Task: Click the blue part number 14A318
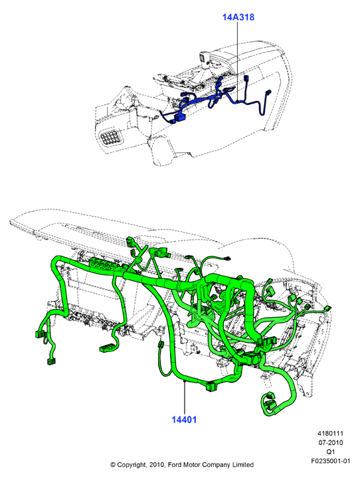point(238,17)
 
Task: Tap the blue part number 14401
point(184,419)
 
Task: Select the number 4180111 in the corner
point(331,433)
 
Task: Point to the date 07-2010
point(331,442)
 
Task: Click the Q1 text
point(331,452)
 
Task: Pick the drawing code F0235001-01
point(331,460)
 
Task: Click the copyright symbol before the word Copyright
point(113,464)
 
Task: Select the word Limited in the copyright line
point(243,464)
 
